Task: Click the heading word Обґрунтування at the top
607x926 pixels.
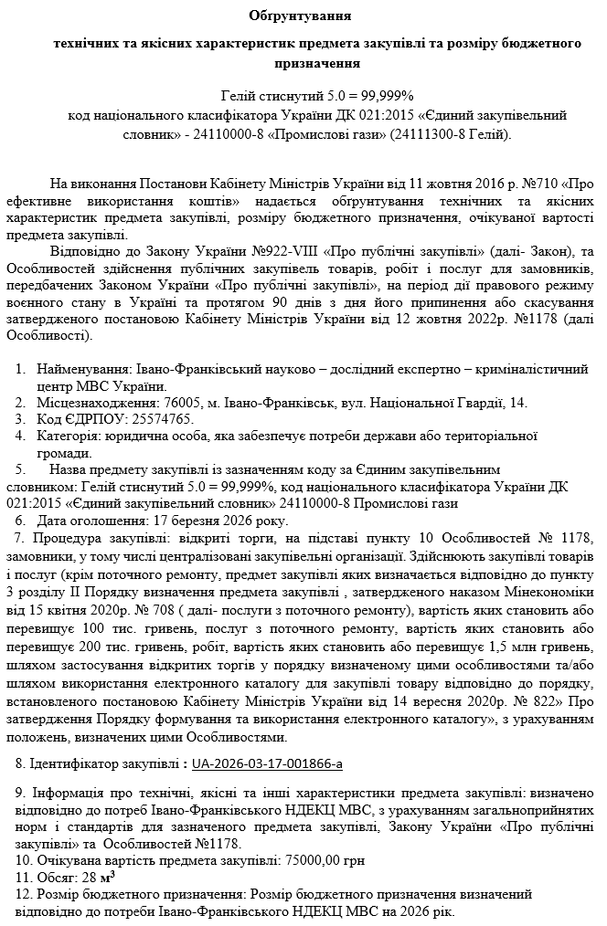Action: (300, 16)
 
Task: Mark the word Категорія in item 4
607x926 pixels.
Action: (69, 436)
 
